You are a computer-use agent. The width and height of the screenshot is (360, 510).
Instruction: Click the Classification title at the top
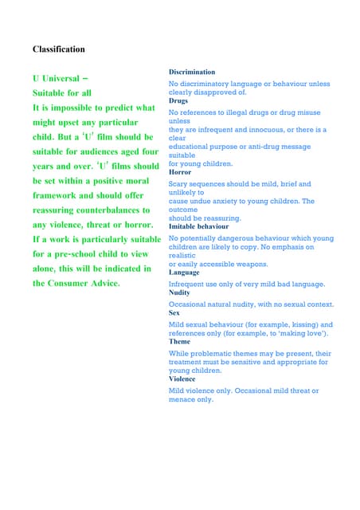tap(58, 49)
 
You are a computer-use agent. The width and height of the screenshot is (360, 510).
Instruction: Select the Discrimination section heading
tap(192, 73)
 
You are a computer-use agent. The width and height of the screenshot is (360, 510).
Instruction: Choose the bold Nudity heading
tap(179, 293)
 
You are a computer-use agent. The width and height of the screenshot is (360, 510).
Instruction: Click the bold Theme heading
tap(179, 341)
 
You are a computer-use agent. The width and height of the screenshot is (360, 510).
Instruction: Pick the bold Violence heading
tap(183, 379)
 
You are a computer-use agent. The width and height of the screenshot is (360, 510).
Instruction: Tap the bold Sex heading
tap(174, 313)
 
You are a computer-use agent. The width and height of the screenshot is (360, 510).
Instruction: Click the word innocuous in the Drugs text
tap(269, 129)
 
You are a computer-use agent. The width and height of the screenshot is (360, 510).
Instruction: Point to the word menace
tap(182, 399)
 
